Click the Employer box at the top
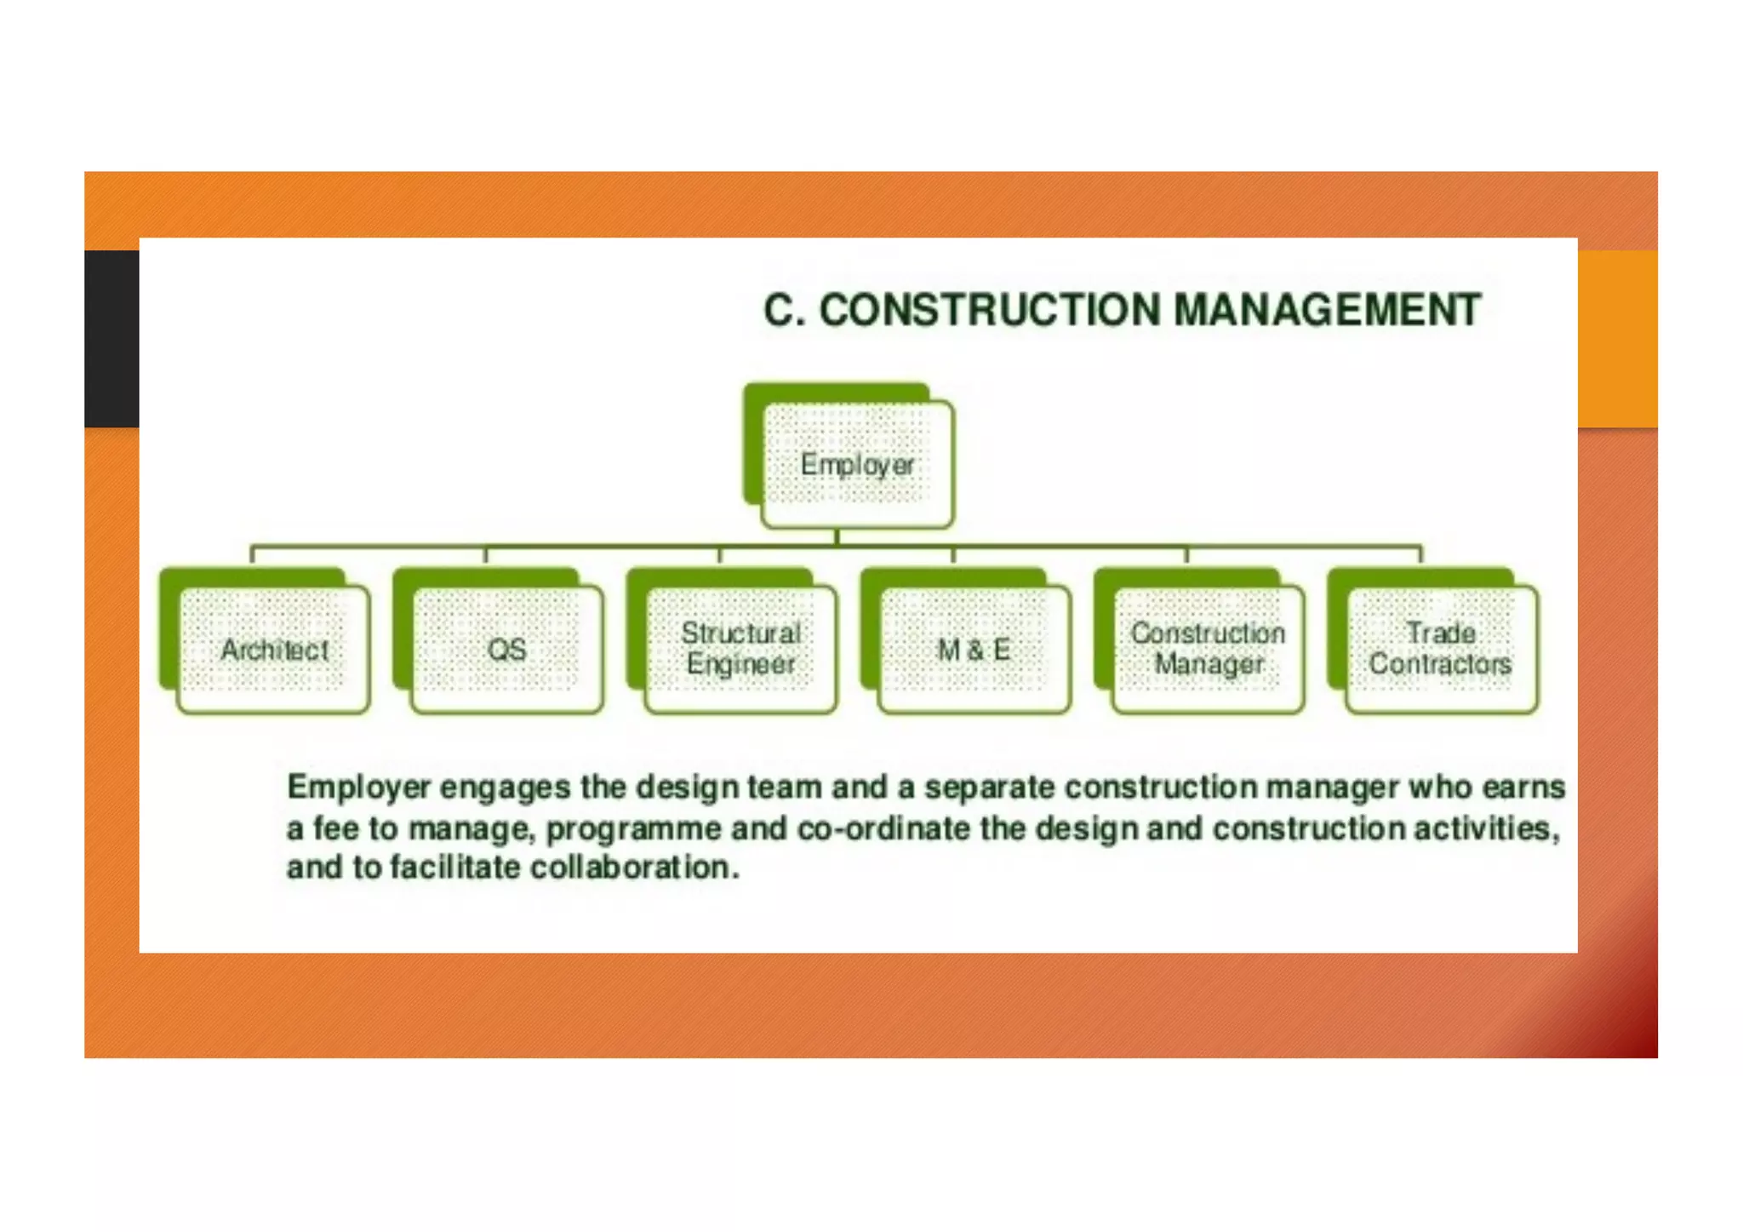tap(857, 464)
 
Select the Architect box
tap(274, 650)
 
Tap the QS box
tap(507, 650)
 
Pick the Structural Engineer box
tap(740, 648)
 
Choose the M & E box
tap(974, 650)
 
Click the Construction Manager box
tap(1208, 648)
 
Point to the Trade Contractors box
tap(1441, 648)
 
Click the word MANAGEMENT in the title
tap(1327, 310)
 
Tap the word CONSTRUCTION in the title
tap(990, 310)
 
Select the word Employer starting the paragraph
tap(358, 788)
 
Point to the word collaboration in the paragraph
tap(634, 868)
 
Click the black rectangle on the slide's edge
tap(111, 338)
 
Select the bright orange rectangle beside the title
tap(1617, 338)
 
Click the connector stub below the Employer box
tap(837, 536)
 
